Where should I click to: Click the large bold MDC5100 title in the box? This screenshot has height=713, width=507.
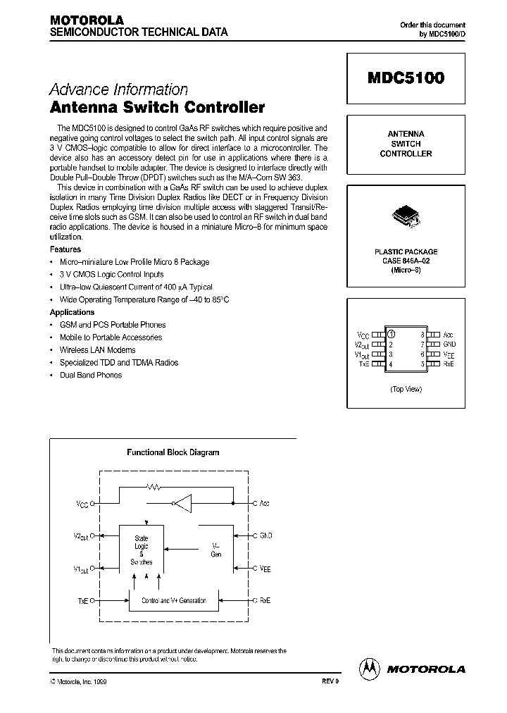[405, 79]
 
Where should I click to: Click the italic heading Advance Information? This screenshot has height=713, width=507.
[118, 89]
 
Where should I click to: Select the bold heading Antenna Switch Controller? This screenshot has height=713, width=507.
[156, 108]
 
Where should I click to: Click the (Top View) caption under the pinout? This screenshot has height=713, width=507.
[406, 389]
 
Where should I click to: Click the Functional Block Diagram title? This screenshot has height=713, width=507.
[173, 452]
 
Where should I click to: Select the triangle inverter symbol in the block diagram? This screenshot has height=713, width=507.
[183, 503]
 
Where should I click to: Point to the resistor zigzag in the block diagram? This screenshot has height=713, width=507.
[154, 486]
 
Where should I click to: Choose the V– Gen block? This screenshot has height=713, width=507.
[216, 550]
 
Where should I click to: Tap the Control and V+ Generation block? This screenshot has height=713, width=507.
[173, 600]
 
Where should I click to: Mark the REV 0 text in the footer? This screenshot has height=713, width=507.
[330, 683]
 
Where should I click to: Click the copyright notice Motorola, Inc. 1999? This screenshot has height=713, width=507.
[78, 683]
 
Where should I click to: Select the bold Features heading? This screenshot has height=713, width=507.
[65, 249]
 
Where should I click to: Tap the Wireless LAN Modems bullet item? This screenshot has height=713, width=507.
[98, 349]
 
